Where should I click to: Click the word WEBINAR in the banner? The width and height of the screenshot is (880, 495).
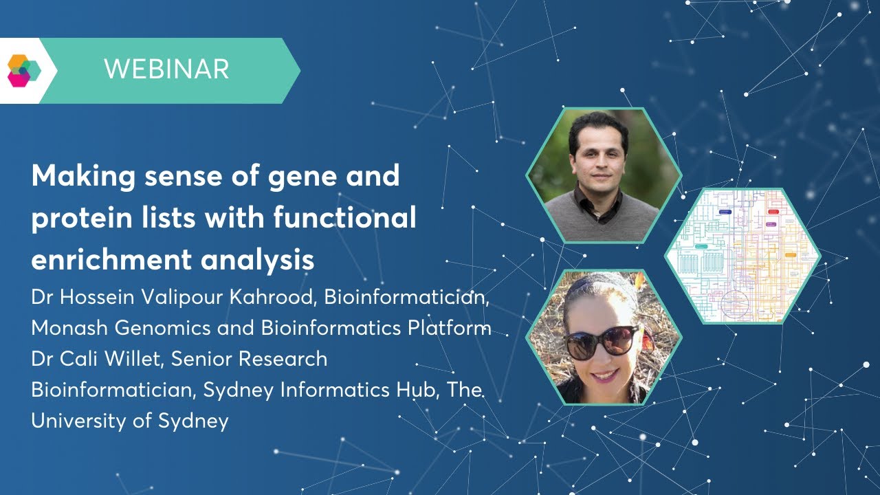pyautogui.click(x=166, y=69)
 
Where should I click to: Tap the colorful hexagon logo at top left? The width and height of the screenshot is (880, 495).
pyautogui.click(x=24, y=70)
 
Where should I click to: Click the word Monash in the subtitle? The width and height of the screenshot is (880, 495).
pyautogui.click(x=69, y=328)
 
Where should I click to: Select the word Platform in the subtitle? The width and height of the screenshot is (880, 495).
pyautogui.click(x=448, y=328)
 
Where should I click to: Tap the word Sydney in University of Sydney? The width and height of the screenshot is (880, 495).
pyautogui.click(x=193, y=421)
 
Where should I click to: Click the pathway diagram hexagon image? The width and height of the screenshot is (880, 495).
pyautogui.click(x=743, y=256)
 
